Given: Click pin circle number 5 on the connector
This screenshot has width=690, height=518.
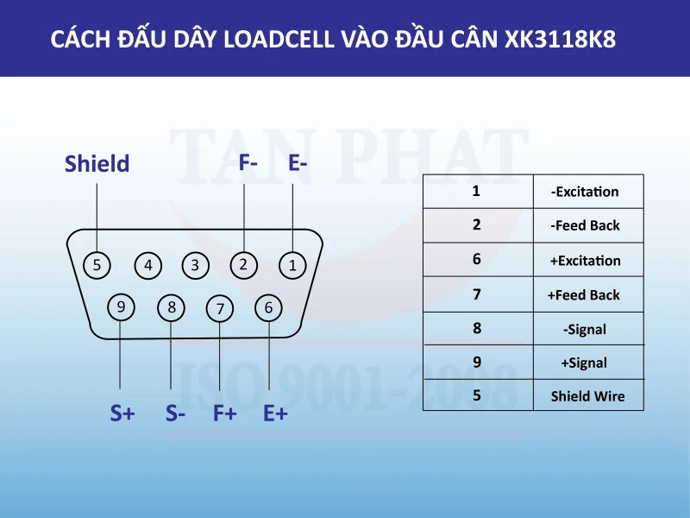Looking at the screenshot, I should point(97,265).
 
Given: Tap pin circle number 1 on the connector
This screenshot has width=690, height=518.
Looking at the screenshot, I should point(292,265).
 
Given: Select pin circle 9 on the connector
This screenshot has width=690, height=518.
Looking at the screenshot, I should point(122,306).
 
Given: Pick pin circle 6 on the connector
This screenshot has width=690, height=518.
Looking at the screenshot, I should point(269,306).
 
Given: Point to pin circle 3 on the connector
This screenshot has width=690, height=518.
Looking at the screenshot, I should point(196,265).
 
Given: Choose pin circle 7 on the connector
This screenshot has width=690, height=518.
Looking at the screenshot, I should point(221,307).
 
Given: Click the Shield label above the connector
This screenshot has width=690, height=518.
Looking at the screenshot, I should point(97,164).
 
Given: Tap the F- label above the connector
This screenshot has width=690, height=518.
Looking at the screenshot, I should point(248,161).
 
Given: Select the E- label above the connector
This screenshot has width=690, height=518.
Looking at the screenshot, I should point(298,161).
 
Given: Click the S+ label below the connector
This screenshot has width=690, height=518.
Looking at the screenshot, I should point(122,414).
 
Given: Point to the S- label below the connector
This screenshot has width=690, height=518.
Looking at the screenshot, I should point(176,414).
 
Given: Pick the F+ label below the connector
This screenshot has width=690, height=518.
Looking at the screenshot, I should point(225,414).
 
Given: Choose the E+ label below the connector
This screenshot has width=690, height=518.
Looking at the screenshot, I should point(275,414).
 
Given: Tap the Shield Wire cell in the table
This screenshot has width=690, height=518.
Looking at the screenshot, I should point(587,397).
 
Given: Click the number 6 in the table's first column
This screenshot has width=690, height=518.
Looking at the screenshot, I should point(477,259).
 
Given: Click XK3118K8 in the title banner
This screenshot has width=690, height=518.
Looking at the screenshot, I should point(561,40).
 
